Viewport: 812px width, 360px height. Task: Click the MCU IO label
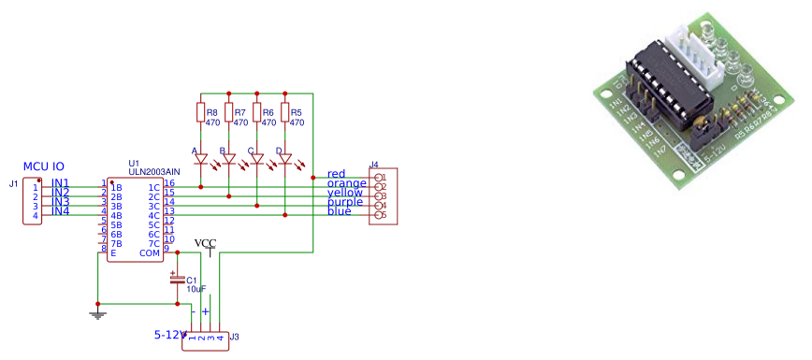44,166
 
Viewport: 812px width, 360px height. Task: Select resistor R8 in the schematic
200,113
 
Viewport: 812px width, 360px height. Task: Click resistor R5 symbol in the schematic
284,113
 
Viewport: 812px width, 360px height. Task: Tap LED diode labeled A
200,159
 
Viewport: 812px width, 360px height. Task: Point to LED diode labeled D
284,159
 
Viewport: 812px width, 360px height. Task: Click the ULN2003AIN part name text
154,171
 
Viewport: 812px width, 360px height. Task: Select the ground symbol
97,314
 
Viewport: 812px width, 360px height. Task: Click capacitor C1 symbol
177,279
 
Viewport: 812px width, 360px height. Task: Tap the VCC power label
205,243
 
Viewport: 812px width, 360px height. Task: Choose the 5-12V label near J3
172,334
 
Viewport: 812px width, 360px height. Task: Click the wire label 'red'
337,174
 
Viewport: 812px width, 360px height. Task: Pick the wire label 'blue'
340,211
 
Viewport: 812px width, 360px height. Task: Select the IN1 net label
60,182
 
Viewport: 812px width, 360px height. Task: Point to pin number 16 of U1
169,183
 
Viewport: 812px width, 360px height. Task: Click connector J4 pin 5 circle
378,216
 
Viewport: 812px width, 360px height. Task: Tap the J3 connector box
206,342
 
